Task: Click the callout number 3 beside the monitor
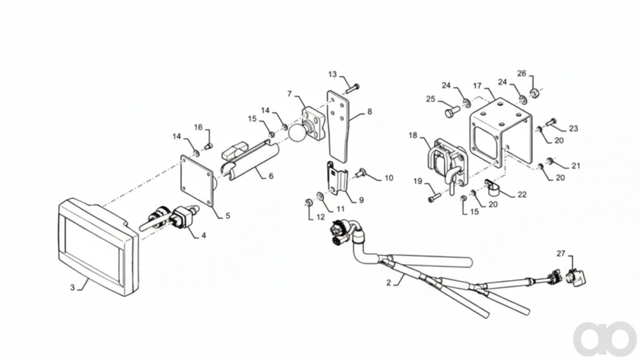72,287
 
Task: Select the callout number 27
561,253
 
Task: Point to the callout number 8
370,112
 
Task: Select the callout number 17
477,86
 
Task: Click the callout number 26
522,73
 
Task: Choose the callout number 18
413,135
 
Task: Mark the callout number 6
271,176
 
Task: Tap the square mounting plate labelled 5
197,182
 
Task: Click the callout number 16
198,127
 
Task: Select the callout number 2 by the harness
389,283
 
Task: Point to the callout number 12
321,217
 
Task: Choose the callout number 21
576,166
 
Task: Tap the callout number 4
204,235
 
